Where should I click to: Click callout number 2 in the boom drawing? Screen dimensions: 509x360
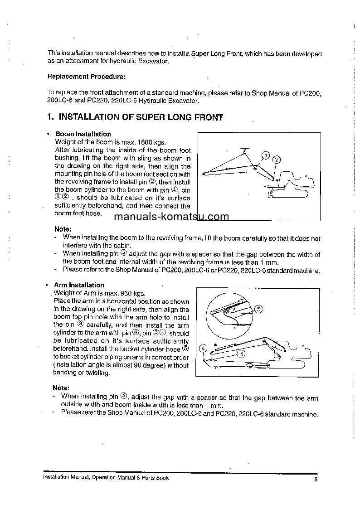(277, 159)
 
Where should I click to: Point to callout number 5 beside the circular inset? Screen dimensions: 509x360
(258, 309)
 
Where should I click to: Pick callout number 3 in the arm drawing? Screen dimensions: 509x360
(242, 354)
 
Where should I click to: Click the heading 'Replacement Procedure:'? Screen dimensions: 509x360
(87, 76)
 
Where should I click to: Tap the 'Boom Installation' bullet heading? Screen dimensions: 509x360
(83, 134)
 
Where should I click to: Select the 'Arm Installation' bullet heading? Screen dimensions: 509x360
(79, 285)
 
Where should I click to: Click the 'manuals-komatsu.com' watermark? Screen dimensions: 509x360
(171, 216)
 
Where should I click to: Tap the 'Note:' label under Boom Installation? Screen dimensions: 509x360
(63, 229)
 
